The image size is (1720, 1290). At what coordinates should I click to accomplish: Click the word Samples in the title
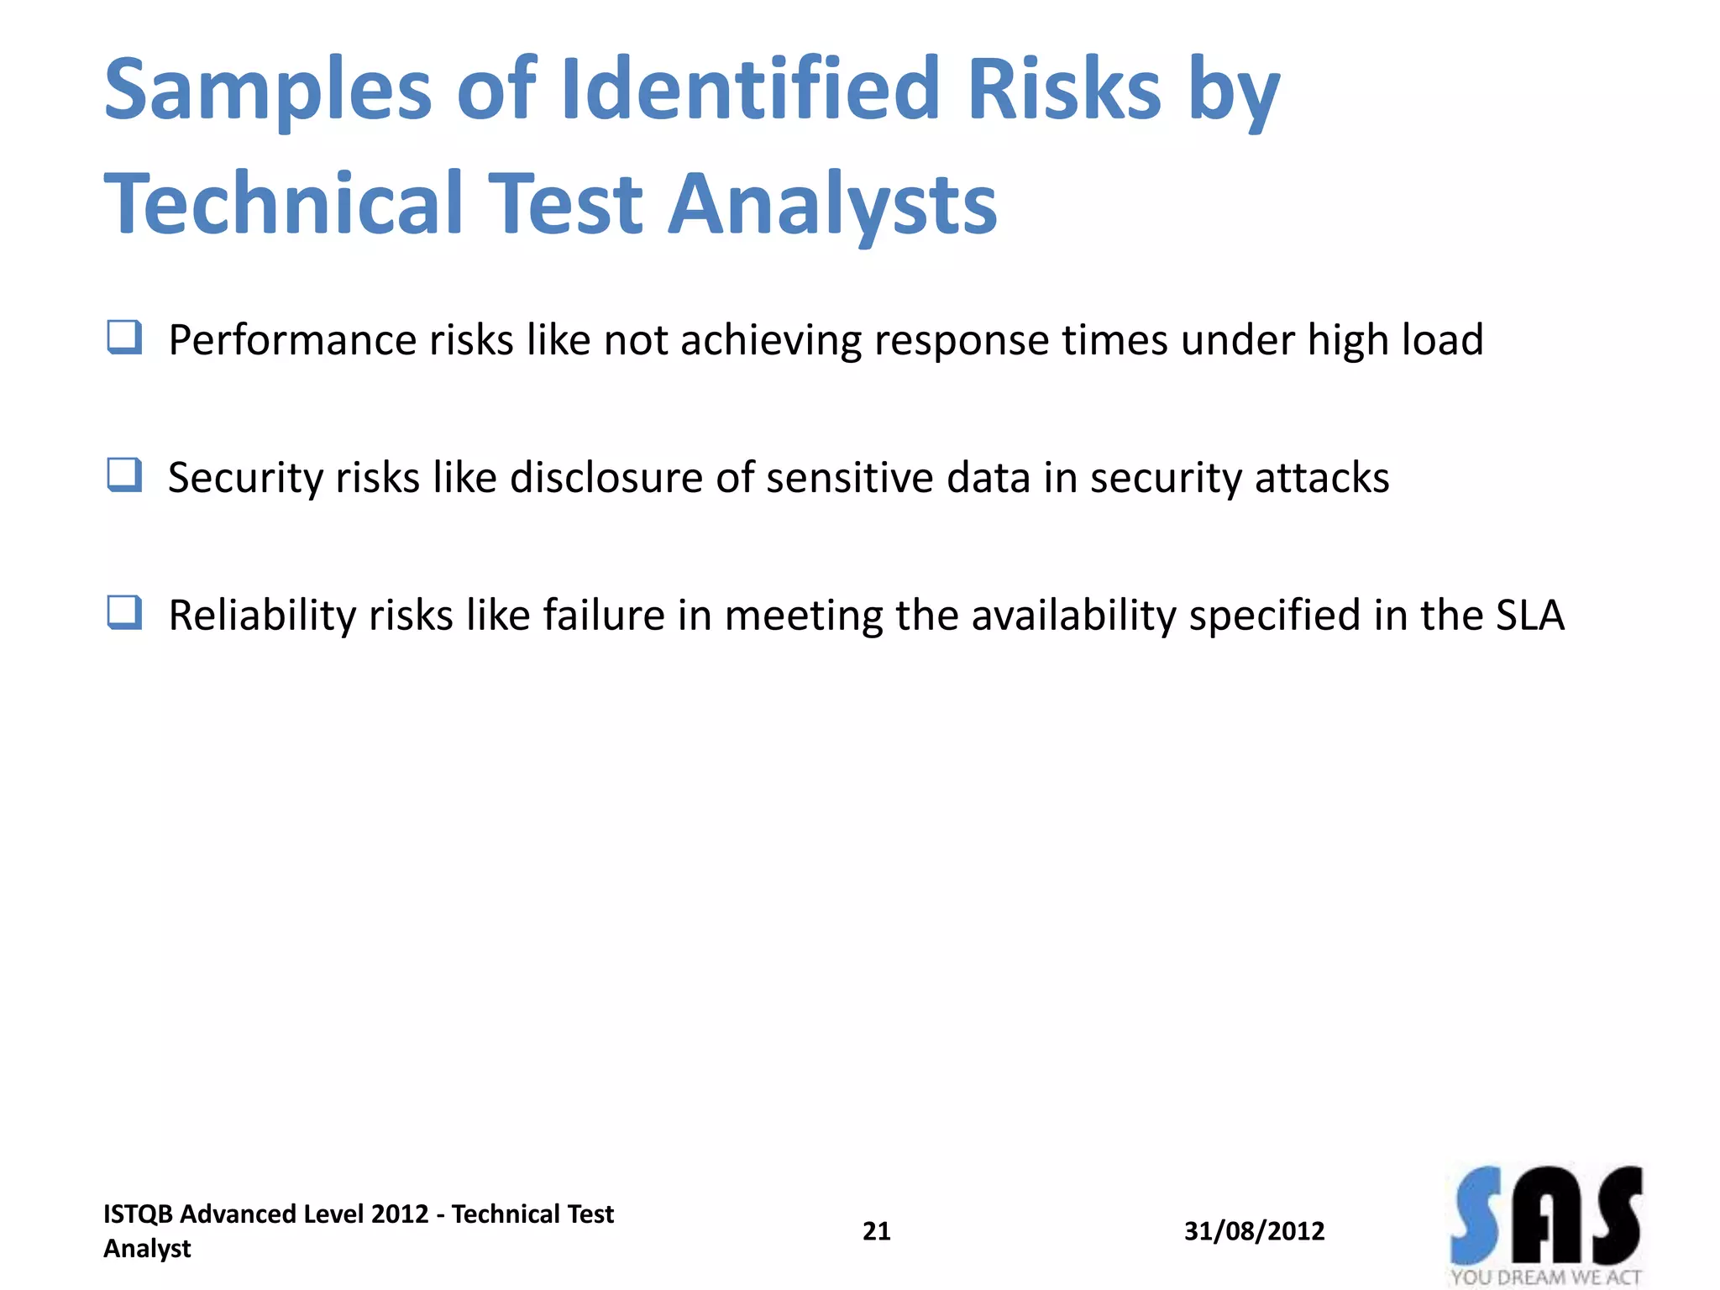point(268,89)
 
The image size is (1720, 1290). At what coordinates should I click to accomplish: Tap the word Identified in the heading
point(750,87)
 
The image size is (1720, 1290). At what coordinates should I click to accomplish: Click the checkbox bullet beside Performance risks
point(124,338)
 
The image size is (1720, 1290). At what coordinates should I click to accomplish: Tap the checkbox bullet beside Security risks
point(124,475)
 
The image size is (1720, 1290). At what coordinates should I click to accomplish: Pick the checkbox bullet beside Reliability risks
point(124,613)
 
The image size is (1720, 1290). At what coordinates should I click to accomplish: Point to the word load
point(1442,339)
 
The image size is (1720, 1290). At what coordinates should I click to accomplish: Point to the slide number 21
point(876,1231)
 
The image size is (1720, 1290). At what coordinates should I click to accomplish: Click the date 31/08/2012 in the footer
point(1254,1231)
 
